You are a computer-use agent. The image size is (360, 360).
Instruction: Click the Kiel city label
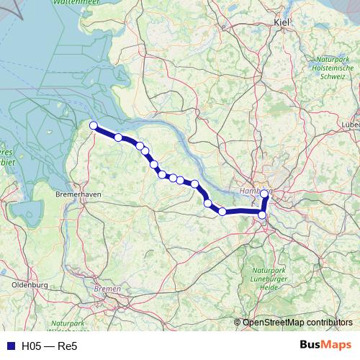(x=281, y=23)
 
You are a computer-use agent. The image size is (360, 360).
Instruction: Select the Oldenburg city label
(x=29, y=285)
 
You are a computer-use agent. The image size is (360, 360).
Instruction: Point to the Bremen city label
(x=108, y=289)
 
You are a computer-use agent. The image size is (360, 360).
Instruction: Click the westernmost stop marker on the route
(x=93, y=126)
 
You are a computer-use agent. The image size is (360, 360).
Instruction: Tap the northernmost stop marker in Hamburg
(x=265, y=193)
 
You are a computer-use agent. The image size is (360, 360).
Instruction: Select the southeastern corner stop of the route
(x=263, y=215)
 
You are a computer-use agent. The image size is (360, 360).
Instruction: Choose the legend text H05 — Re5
(x=49, y=346)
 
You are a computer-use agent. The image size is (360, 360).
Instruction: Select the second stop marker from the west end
(x=118, y=137)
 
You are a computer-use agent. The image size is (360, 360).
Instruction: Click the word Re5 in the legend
(x=68, y=346)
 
